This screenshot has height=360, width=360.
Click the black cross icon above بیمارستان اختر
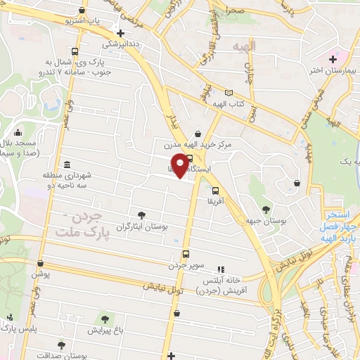[x=333, y=58]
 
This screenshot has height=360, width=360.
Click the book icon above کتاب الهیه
[x=228, y=93]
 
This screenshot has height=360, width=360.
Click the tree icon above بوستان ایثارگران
[x=142, y=215]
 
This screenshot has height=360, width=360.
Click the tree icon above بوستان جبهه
[x=266, y=209]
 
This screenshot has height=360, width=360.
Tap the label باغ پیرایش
[x=105, y=329]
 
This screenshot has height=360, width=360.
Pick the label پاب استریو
[x=84, y=21]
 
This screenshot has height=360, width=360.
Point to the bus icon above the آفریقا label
[x=215, y=190]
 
